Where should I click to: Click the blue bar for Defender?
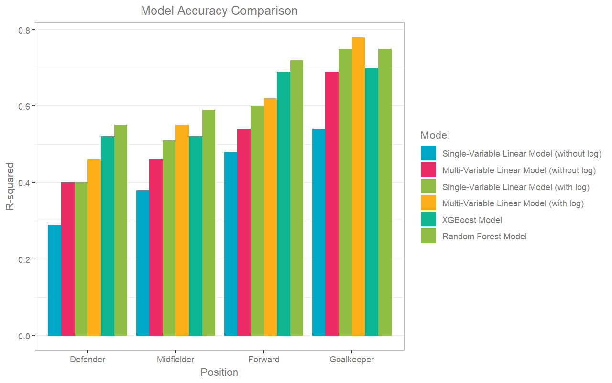point(55,280)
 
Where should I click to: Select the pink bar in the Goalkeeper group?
point(332,203)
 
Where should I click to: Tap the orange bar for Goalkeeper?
point(358,187)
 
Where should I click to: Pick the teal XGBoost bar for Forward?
point(284,203)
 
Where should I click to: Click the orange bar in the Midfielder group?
point(182,230)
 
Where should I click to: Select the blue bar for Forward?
point(230,244)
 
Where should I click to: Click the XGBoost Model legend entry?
point(472,220)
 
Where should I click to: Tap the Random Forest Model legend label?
point(484,236)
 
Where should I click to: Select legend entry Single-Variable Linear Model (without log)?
point(522,154)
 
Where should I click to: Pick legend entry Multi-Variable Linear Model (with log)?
point(513,203)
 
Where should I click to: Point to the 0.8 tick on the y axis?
point(23,30)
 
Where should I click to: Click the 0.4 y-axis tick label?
point(23,183)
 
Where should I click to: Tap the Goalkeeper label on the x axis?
point(352,360)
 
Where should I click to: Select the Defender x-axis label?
point(87,360)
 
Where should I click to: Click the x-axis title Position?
point(219,372)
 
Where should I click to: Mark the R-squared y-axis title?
point(10,187)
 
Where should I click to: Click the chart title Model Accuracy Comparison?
point(219,11)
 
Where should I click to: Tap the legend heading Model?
point(435,135)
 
